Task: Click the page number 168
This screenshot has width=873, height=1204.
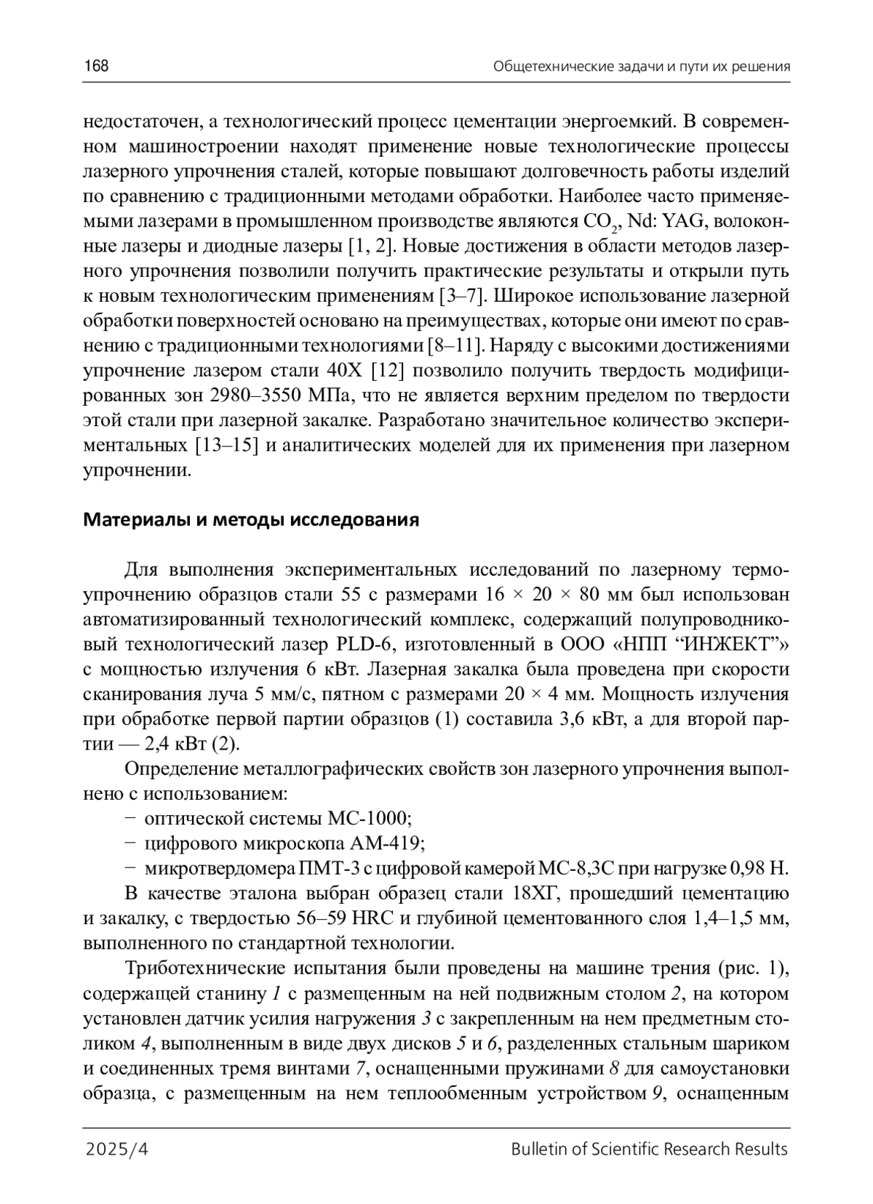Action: [x=96, y=67]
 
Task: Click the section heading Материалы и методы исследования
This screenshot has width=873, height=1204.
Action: [x=252, y=520]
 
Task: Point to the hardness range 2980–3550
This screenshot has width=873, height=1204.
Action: [x=259, y=396]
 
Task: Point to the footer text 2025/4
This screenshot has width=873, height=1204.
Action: [x=116, y=1149]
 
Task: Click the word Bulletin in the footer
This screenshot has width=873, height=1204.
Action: [x=538, y=1149]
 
